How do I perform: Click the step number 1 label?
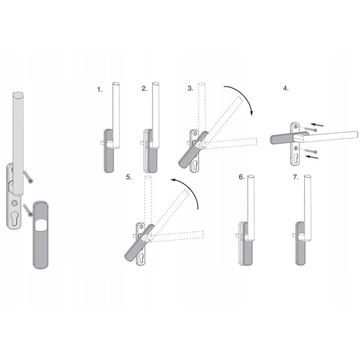[99, 90]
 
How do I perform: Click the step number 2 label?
[144, 89]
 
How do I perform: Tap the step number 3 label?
[190, 88]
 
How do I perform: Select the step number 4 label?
[286, 89]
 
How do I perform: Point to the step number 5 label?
[129, 177]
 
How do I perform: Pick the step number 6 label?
[242, 177]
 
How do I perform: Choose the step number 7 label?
[296, 177]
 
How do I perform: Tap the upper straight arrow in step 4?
[317, 125]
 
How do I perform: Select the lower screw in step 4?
[311, 151]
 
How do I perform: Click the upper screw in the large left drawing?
[28, 177]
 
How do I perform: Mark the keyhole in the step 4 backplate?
[295, 158]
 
